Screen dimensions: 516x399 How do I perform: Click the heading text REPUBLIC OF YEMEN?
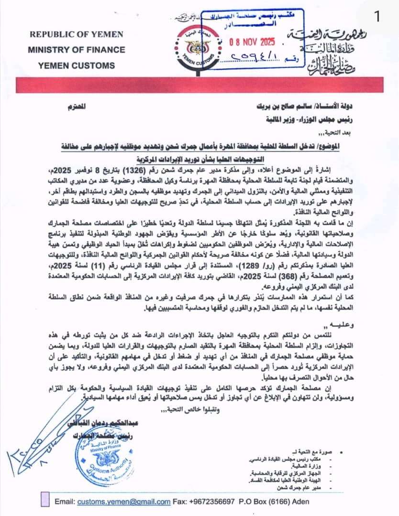(76, 34)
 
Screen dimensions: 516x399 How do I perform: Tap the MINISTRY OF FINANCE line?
(76, 50)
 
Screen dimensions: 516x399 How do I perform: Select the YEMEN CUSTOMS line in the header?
(76, 65)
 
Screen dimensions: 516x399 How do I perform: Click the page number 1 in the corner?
(377, 16)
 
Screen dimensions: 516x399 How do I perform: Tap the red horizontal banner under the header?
(199, 86)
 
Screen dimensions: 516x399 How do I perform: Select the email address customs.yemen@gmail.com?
(124, 502)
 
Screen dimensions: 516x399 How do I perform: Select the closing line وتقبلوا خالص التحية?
(189, 410)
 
